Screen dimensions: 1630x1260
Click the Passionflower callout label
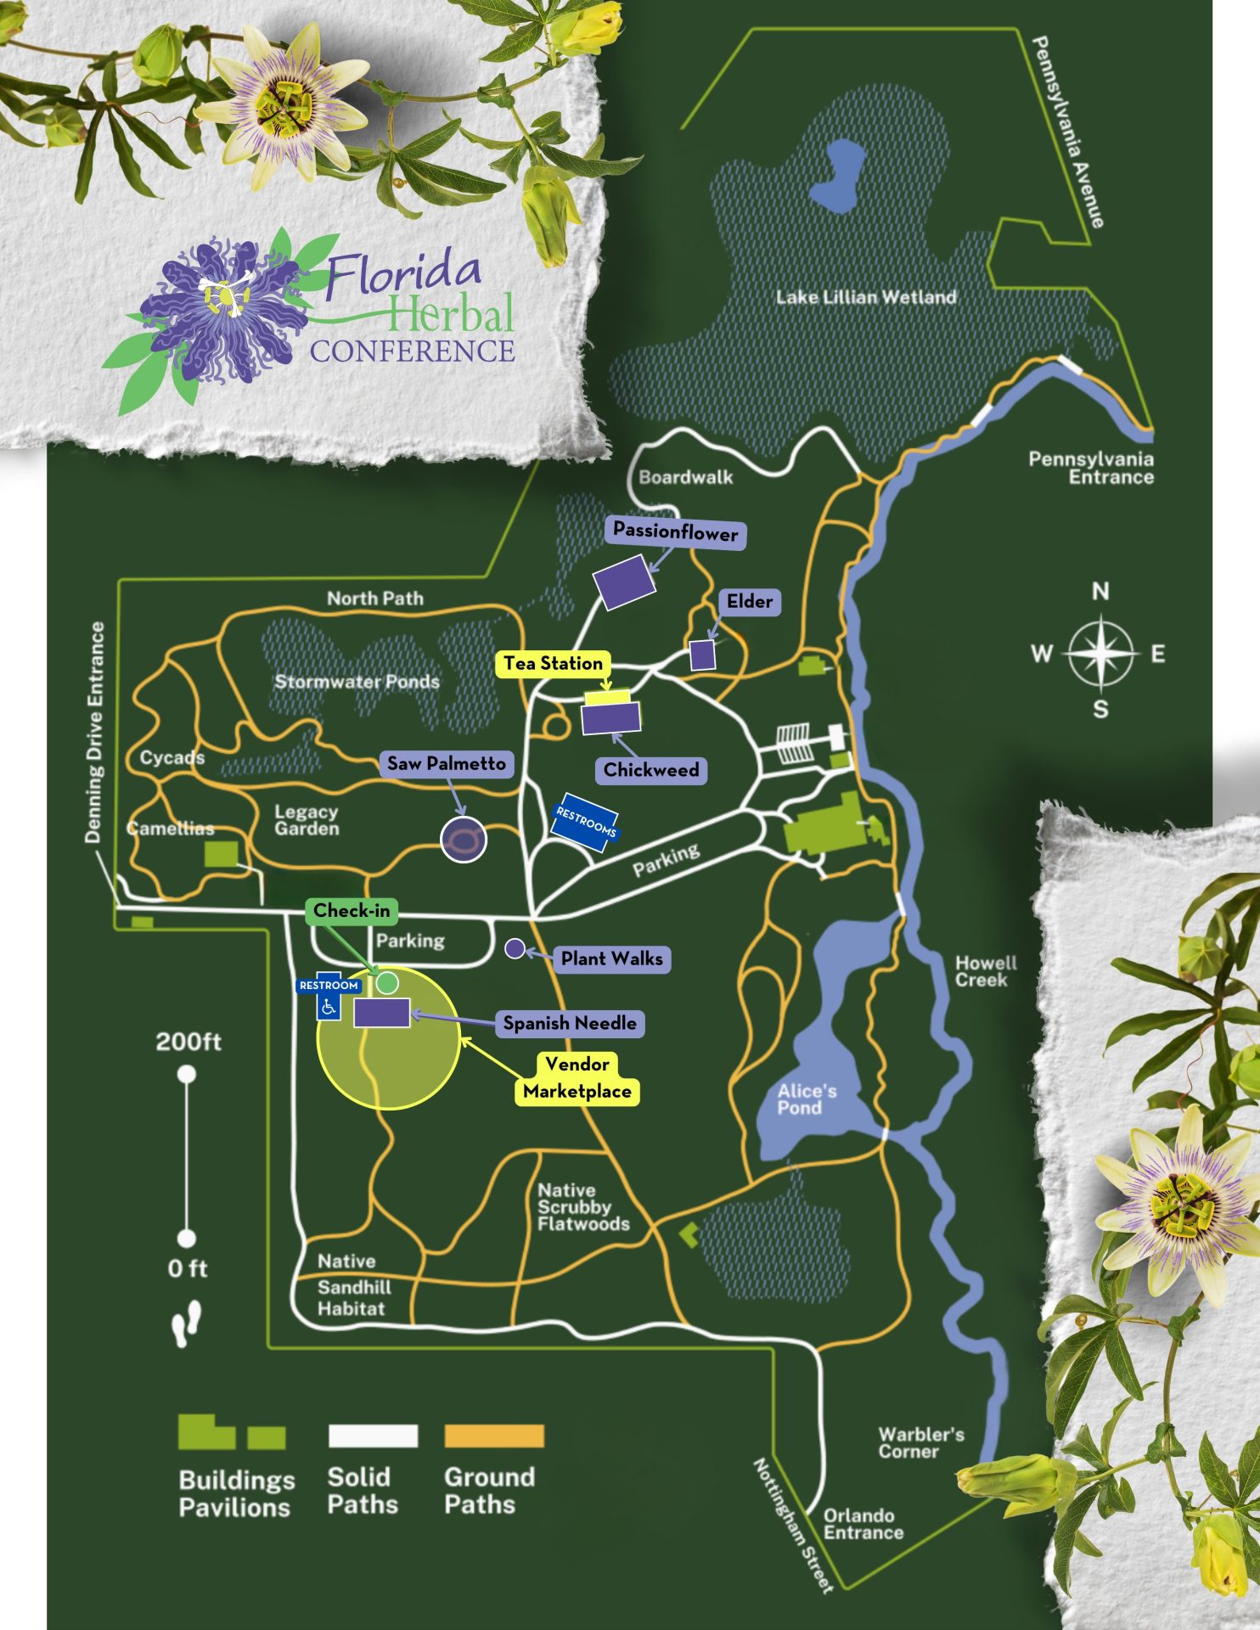click(676, 532)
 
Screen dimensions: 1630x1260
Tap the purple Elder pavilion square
click(702, 655)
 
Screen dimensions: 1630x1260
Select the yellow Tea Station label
click(553, 663)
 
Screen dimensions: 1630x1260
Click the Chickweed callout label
click(651, 770)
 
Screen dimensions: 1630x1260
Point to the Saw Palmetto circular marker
click(464, 840)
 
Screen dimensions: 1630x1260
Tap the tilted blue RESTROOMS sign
click(585, 821)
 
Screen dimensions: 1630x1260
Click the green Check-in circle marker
click(387, 983)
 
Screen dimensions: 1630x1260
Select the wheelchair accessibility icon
click(329, 1007)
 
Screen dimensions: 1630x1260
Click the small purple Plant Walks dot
click(515, 948)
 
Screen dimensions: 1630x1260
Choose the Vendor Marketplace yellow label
click(577, 1077)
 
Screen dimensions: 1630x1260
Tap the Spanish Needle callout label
click(570, 1023)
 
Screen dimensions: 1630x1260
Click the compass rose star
click(1100, 654)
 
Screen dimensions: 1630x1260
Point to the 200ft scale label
click(188, 1042)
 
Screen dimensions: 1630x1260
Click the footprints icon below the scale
click(187, 1324)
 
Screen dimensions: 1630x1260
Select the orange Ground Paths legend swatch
click(493, 1436)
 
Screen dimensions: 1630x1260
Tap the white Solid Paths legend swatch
click(373, 1436)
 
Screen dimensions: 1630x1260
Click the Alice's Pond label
click(807, 1099)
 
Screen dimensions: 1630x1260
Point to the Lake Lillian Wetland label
click(865, 297)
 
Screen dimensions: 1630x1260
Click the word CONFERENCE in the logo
click(412, 351)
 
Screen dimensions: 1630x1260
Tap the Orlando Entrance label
click(863, 1524)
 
